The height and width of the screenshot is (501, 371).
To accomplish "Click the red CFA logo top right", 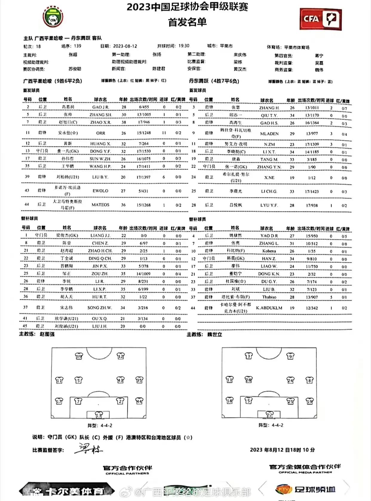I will (321, 19).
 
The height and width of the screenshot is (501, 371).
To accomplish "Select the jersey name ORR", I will (101, 133).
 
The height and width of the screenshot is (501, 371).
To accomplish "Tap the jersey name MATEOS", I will (100, 205).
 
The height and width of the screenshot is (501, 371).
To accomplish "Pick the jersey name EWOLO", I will (100, 191).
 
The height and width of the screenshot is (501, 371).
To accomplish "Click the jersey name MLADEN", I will (269, 134).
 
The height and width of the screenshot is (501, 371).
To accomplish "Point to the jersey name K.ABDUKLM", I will (269, 308).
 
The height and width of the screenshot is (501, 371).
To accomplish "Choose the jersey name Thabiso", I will (269, 297).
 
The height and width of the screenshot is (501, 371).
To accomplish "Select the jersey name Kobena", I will (269, 251).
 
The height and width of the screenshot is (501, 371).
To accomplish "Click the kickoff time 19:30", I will (184, 46).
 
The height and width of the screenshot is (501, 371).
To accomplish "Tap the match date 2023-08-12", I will (125, 46).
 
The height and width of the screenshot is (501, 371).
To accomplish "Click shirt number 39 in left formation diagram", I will (79, 356).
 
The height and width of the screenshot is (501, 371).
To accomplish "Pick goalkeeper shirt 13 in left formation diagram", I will (99, 415).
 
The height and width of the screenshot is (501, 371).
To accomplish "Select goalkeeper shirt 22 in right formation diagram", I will (269, 415).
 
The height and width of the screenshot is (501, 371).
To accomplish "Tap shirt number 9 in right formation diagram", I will (290, 356).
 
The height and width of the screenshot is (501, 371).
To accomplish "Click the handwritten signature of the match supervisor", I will (88, 450).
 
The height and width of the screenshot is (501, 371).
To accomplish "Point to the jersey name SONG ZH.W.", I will (100, 308).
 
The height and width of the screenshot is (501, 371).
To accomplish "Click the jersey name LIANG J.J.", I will (100, 236).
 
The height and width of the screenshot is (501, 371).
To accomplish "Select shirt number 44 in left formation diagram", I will (139, 401).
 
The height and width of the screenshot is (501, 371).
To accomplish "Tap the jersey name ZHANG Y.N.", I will (269, 167).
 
